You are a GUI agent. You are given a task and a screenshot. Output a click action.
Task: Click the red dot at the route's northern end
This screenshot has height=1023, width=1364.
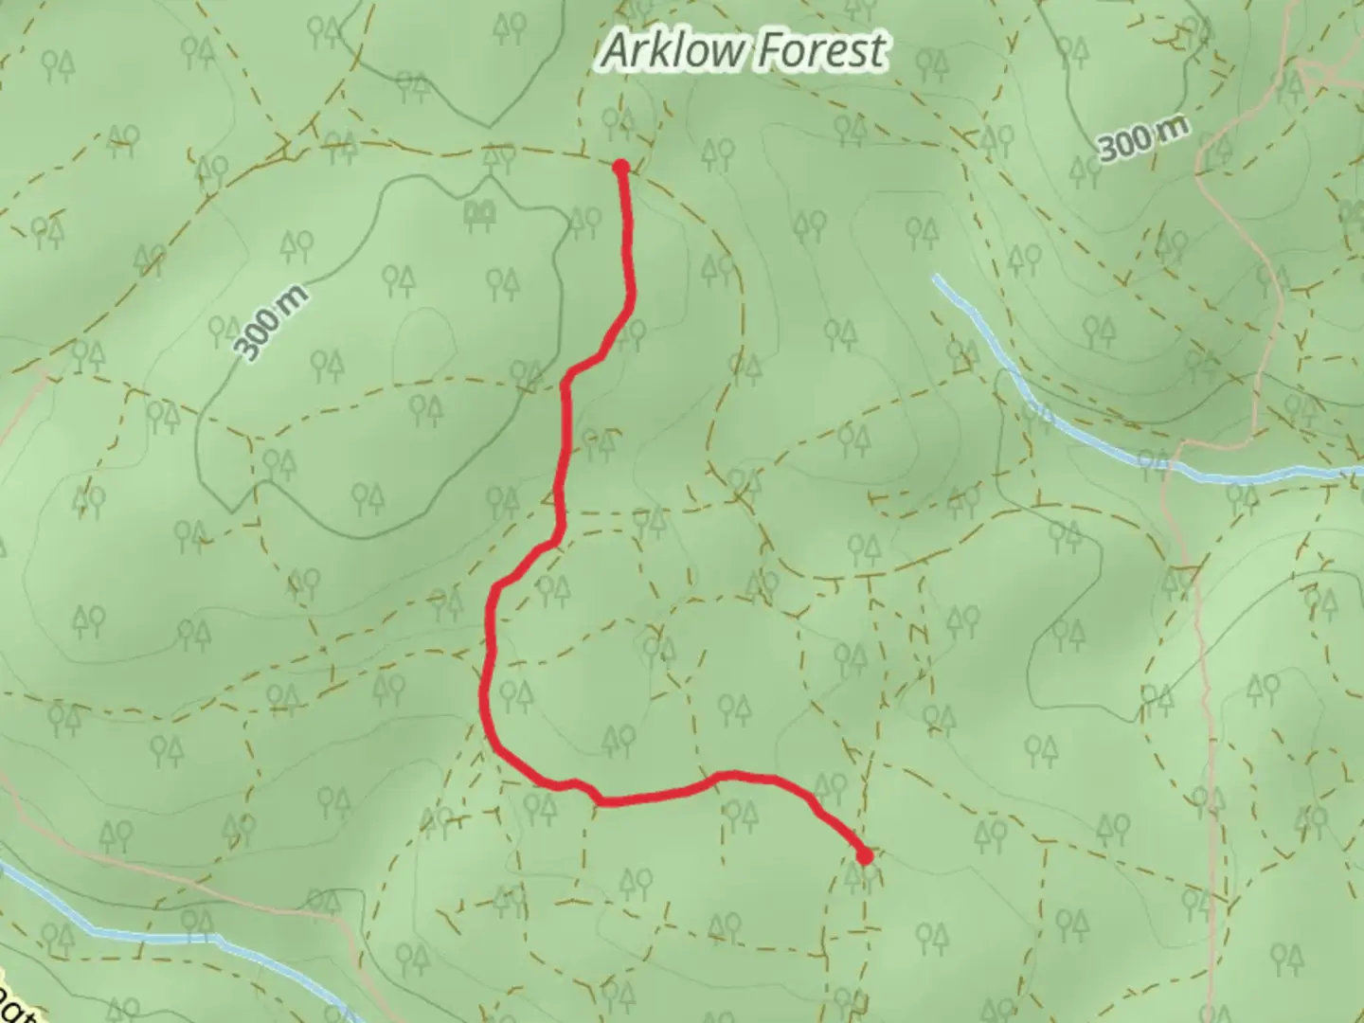[x=621, y=168]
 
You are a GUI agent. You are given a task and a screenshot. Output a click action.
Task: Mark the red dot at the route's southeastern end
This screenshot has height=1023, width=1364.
[x=864, y=856]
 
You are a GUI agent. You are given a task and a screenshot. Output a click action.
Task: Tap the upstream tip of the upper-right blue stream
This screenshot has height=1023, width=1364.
[x=937, y=278]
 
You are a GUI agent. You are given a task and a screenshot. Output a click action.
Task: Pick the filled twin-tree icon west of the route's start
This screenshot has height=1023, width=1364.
[x=482, y=214]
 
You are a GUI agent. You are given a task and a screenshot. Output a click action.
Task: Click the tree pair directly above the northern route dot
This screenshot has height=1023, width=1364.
[x=617, y=120]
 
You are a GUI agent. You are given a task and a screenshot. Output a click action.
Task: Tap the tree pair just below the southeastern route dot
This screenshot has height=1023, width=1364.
[x=857, y=880]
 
